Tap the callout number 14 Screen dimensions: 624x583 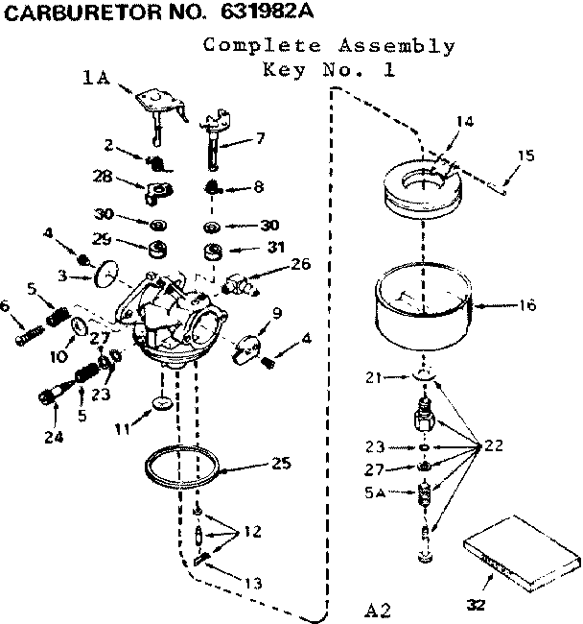click(x=464, y=121)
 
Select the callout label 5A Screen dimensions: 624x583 click(x=376, y=495)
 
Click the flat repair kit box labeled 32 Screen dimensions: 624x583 click(x=519, y=552)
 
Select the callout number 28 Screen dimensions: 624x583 click(x=103, y=176)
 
